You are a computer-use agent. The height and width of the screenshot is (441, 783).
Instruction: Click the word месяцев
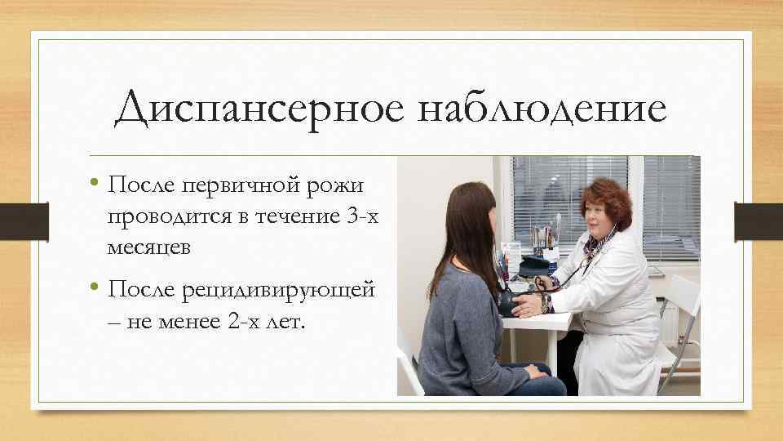click(x=148, y=247)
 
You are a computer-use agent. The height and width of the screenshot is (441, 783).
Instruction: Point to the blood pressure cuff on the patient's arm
click(x=509, y=301)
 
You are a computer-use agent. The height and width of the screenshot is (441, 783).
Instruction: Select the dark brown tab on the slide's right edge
click(x=759, y=221)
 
